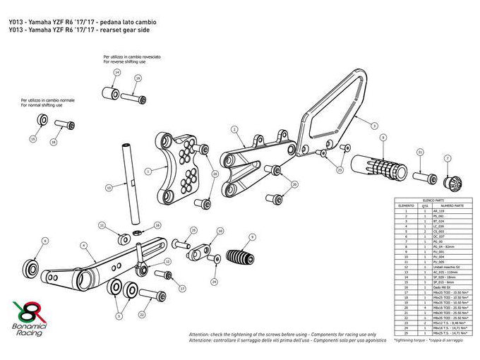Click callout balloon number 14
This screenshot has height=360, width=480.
coord(116,73)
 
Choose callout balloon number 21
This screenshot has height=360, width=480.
coord(420,152)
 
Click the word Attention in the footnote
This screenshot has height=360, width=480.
coord(200,334)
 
